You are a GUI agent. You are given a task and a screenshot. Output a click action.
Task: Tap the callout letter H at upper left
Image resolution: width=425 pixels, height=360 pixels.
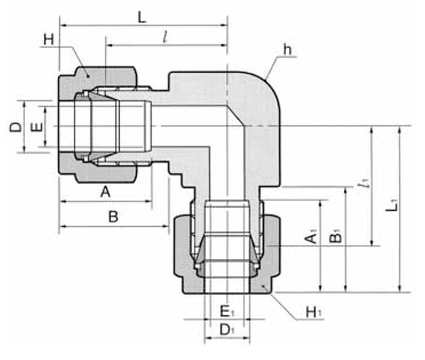(x=49, y=40)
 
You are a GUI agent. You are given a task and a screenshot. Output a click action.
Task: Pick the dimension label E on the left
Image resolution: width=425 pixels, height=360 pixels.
(x=37, y=127)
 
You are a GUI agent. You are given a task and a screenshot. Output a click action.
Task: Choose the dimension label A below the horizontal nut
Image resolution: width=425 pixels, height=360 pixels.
(x=106, y=193)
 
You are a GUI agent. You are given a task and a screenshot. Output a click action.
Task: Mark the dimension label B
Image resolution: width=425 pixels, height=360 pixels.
(x=113, y=217)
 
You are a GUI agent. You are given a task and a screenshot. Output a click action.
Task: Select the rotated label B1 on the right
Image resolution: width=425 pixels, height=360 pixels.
(x=336, y=236)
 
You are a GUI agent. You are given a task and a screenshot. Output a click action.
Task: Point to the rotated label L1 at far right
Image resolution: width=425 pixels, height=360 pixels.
(x=392, y=206)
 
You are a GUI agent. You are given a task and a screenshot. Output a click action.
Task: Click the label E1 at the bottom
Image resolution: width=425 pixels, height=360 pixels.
(x=226, y=311)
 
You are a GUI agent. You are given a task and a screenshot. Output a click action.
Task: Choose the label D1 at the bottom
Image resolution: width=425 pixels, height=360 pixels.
(x=226, y=329)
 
